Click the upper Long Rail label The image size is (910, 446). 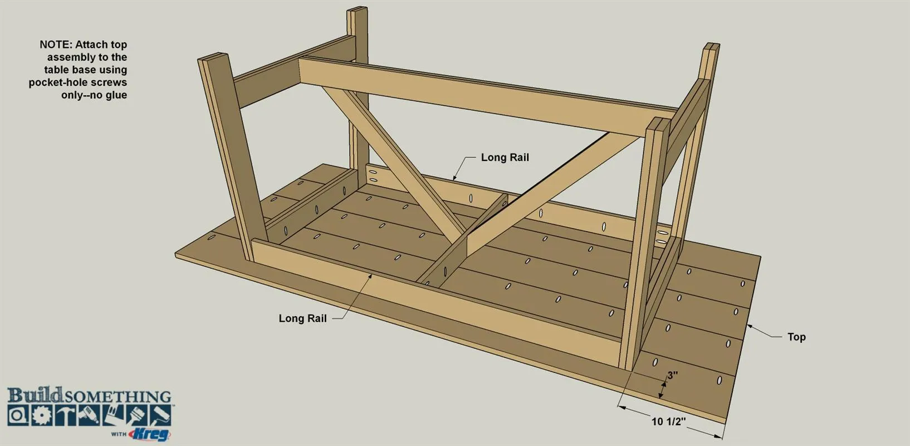(x=505, y=157)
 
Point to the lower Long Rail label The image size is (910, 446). (x=302, y=318)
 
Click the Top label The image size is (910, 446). (x=796, y=337)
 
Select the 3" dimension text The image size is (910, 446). (x=673, y=375)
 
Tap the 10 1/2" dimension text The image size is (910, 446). (x=669, y=421)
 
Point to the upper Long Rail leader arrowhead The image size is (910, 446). (x=455, y=177)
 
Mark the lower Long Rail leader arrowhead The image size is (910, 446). (x=370, y=277)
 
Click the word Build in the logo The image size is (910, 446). (x=35, y=395)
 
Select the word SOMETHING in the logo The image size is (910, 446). (x=118, y=397)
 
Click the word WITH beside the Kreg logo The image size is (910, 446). (x=119, y=434)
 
